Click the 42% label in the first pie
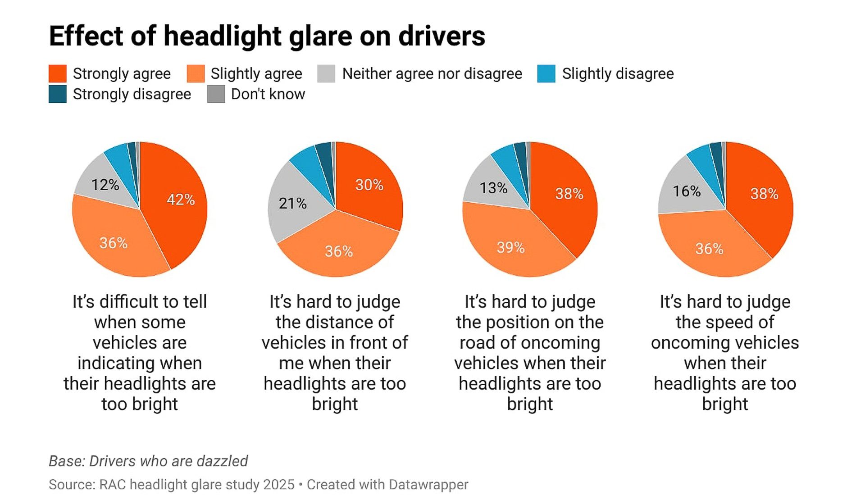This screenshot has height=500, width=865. pos(181,200)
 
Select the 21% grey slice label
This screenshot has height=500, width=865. pos(292,204)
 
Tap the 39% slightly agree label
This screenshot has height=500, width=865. pos(510,247)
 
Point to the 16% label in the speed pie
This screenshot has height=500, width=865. pos(687,191)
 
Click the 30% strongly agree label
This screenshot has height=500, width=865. pos(369,185)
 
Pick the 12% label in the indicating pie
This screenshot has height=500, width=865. pos(105,185)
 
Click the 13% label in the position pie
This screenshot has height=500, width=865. pos(493,188)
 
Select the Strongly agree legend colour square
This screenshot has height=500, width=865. pos(58,73)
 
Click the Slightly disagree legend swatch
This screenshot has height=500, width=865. pos(546,73)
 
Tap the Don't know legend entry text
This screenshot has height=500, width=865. pos(268,94)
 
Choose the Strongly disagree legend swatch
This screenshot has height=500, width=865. pos(58,94)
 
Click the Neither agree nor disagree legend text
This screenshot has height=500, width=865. pos(432,73)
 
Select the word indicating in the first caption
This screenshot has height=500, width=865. pos(140,363)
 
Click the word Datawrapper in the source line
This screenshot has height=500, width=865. pos(428,485)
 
